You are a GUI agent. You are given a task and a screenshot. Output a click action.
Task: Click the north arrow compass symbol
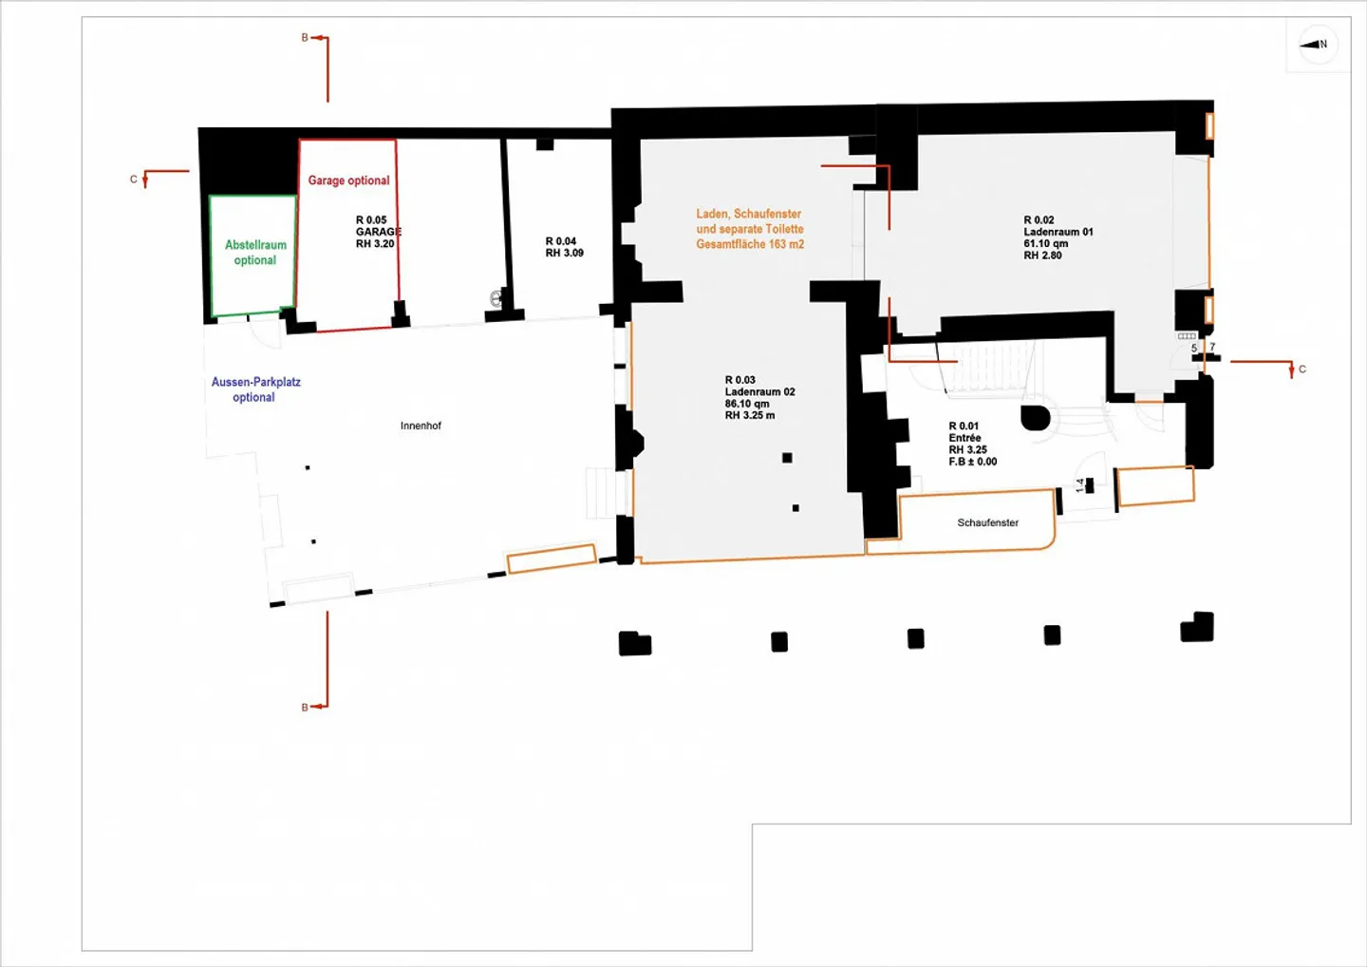coord(1317,45)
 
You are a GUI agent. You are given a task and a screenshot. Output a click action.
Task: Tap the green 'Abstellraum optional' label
coord(255,253)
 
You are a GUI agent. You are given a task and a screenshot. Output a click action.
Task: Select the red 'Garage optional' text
coord(348,180)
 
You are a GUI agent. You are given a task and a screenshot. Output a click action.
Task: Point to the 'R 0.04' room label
coord(561,241)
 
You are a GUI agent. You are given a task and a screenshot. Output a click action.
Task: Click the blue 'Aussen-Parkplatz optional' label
coord(255,389)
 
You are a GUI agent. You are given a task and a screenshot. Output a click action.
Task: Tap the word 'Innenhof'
coord(421,427)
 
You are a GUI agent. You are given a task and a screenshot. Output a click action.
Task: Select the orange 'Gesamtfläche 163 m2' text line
coord(750,244)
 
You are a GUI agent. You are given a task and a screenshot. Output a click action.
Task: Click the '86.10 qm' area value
coord(747,404)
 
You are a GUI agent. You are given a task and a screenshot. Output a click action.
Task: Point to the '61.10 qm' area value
coord(1045,243)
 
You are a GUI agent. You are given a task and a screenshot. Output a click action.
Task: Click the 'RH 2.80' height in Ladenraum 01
coord(1042,256)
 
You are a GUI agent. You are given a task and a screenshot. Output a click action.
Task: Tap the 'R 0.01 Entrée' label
coord(964,432)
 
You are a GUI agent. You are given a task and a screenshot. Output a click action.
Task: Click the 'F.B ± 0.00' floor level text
coord(973,462)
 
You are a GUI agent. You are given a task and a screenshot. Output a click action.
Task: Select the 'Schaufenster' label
coord(987,522)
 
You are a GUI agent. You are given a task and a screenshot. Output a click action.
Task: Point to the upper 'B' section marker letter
coord(305,38)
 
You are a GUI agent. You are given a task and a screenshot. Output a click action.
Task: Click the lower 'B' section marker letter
coord(305,708)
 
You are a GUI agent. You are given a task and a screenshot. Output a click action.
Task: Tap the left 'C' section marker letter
coord(134,180)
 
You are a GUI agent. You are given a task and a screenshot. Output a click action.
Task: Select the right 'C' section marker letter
coord(1301,370)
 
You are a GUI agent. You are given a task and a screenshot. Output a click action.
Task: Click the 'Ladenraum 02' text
coord(759,391)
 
